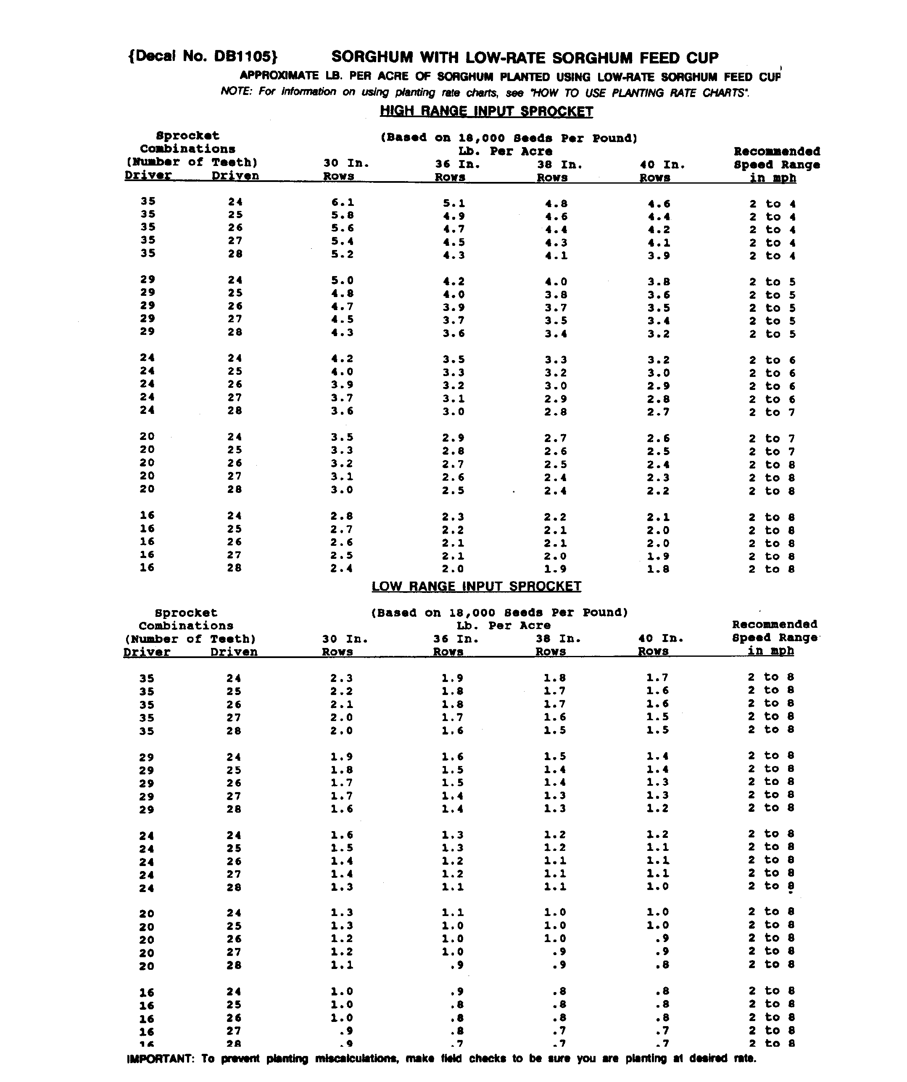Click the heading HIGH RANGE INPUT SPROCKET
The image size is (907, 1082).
(486, 111)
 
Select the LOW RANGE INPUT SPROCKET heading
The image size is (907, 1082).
(476, 586)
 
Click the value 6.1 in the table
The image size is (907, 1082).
(342, 203)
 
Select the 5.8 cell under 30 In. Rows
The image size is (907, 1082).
(342, 216)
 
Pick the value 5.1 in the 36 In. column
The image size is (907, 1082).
(453, 203)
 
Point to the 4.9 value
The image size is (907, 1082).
(453, 216)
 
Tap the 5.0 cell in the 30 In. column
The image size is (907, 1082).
(342, 281)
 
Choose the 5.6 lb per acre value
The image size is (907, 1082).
(342, 228)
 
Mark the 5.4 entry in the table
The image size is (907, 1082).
(342, 241)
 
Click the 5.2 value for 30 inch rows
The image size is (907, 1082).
(342, 254)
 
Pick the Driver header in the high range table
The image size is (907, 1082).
(148, 175)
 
